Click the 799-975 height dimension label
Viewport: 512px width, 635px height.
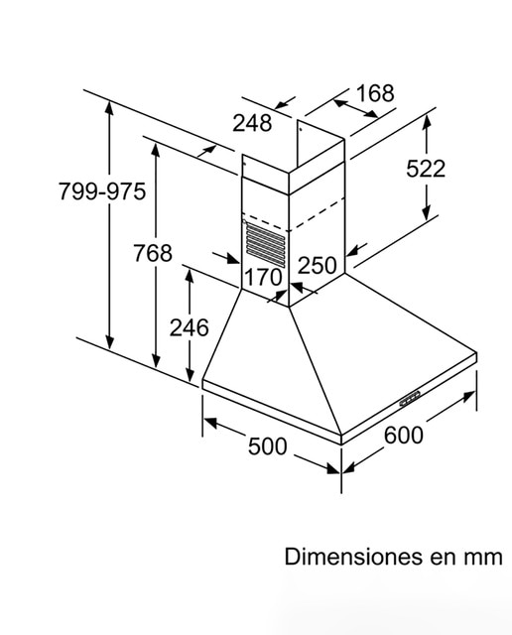[102, 191]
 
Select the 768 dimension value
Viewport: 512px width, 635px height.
[153, 253]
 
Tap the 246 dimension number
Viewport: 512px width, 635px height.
[190, 327]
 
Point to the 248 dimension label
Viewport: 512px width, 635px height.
[252, 123]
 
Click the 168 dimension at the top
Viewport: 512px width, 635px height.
[375, 93]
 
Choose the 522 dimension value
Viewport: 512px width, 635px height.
[426, 169]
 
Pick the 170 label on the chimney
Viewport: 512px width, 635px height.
[263, 277]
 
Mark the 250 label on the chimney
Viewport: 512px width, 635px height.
[318, 266]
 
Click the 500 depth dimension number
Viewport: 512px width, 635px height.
[267, 446]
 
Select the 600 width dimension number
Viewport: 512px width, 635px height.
[404, 436]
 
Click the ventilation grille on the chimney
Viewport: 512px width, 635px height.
[265, 245]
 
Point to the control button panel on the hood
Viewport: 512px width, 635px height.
[410, 399]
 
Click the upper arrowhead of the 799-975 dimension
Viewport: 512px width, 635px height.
[109, 108]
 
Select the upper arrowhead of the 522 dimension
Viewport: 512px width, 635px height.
[426, 122]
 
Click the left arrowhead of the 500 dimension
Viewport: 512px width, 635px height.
[210, 423]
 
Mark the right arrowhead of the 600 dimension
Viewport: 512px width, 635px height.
[469, 396]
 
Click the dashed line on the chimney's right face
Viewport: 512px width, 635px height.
[317, 214]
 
